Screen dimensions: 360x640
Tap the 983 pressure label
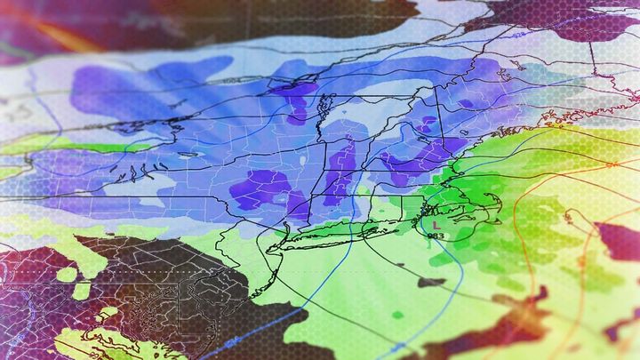coord(436,236)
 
